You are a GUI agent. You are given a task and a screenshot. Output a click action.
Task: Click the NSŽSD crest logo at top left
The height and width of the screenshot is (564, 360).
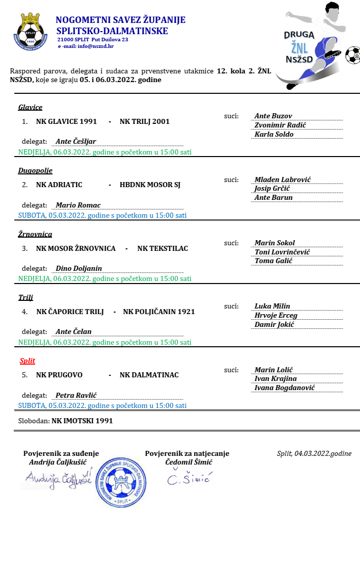click(31, 32)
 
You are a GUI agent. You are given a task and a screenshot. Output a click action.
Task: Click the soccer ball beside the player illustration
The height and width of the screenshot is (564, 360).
click(352, 55)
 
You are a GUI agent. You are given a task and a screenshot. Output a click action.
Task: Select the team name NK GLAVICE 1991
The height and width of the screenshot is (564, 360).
click(66, 121)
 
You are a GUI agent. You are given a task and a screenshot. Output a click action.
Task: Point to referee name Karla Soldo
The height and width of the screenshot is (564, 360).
click(274, 135)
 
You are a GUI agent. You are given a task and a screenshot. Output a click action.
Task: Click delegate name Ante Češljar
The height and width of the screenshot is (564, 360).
click(75, 141)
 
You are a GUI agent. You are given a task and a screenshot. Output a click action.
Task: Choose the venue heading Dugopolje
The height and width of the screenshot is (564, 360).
click(35, 170)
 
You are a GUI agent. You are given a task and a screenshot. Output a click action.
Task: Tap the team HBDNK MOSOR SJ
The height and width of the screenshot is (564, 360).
click(150, 185)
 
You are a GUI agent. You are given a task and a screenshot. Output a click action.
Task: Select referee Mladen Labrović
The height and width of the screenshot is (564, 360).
click(282, 180)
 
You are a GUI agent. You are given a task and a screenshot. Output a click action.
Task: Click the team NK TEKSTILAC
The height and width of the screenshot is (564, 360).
click(163, 248)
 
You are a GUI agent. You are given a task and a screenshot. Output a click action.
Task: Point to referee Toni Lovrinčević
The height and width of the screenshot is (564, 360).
click(282, 252)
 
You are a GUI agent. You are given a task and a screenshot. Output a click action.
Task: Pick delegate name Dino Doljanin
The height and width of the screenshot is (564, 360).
click(79, 268)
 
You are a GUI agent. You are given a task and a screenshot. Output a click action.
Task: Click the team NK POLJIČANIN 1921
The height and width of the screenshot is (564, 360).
click(159, 312)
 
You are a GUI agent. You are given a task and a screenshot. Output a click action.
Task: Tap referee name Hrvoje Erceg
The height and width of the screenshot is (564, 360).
click(275, 315)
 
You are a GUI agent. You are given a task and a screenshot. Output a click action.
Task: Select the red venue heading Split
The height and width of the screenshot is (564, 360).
click(28, 361)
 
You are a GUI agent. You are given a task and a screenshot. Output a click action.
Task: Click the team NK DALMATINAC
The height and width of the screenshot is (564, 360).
click(149, 375)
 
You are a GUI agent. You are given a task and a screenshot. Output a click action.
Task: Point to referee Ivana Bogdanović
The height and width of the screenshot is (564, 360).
click(285, 388)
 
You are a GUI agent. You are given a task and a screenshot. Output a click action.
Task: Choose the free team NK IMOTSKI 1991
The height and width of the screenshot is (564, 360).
click(82, 421)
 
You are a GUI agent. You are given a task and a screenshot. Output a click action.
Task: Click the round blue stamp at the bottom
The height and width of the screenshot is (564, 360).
click(122, 482)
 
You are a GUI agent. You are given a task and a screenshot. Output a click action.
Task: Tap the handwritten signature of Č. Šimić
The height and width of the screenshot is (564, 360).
click(189, 478)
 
